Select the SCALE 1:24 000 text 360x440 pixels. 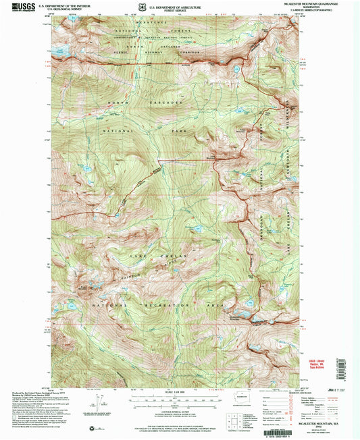pos(179,394)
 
